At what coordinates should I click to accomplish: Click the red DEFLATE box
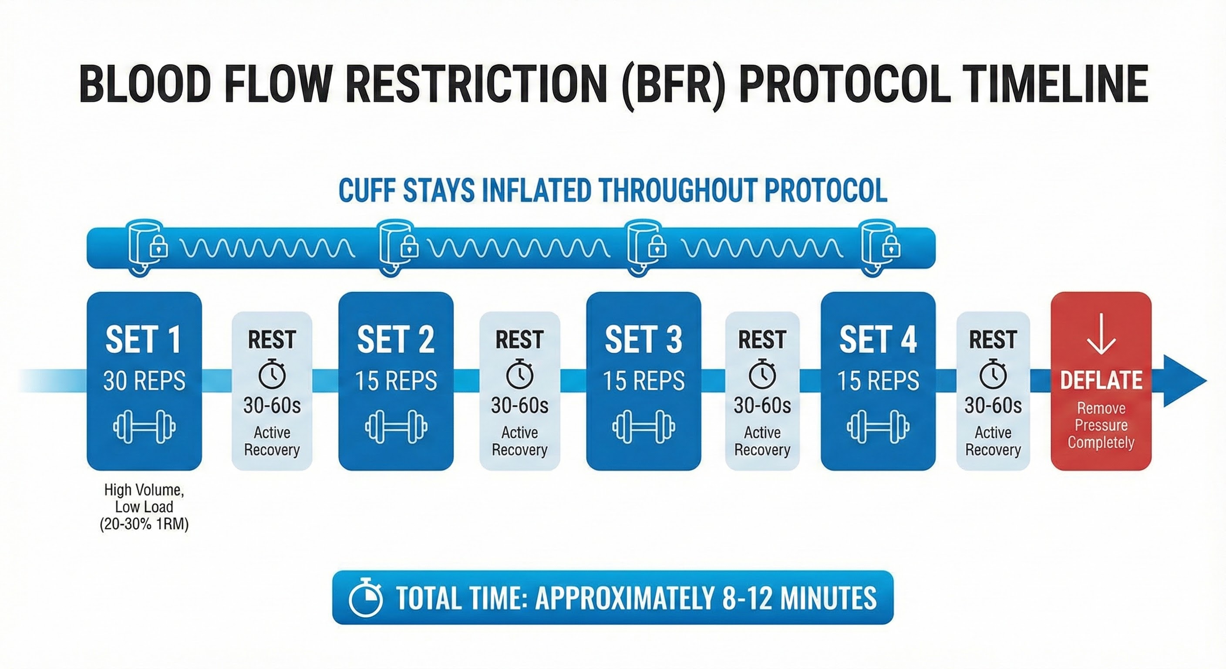click(x=1101, y=381)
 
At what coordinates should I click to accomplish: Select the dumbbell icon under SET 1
click(x=144, y=427)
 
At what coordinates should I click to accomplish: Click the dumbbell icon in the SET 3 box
click(x=643, y=427)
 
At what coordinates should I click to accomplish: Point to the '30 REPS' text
click(x=144, y=381)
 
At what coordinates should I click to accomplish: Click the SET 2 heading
click(x=395, y=340)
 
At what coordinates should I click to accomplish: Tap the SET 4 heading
click(x=878, y=340)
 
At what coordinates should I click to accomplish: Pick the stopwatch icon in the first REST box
click(x=272, y=373)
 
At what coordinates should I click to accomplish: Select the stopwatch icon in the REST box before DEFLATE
click(x=993, y=374)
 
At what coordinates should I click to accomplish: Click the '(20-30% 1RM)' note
click(x=144, y=524)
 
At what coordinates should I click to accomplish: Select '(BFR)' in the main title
click(x=673, y=84)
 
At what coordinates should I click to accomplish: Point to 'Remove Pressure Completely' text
click(x=1101, y=425)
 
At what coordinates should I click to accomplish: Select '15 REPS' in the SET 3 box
click(x=643, y=381)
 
